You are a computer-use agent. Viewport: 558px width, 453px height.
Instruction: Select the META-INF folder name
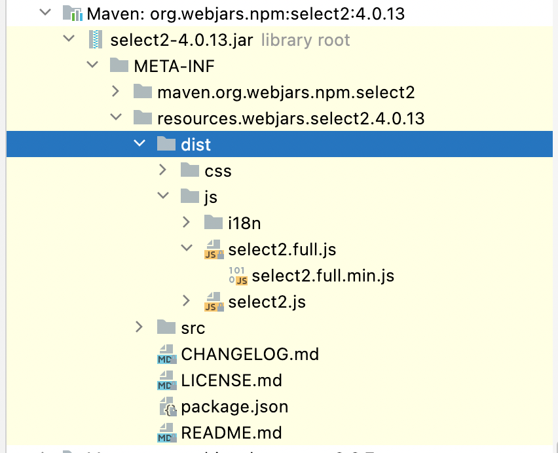pyautogui.click(x=174, y=66)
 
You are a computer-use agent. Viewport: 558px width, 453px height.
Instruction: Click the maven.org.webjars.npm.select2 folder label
pyautogui.click(x=286, y=92)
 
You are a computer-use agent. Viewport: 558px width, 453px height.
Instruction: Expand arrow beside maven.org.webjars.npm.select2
pyautogui.click(x=115, y=92)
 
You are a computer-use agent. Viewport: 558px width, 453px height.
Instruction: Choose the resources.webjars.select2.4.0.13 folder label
pyautogui.click(x=291, y=118)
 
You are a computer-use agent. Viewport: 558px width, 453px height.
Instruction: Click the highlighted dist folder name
pyautogui.click(x=196, y=145)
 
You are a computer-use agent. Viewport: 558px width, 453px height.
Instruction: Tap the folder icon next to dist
pyautogui.click(x=167, y=144)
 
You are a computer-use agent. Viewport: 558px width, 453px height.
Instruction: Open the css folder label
pyautogui.click(x=218, y=171)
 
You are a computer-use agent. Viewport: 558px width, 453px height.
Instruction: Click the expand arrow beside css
pyautogui.click(x=162, y=170)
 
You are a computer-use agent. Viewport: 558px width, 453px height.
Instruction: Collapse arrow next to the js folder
pyautogui.click(x=162, y=196)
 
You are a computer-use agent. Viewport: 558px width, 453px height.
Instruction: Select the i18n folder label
pyautogui.click(x=244, y=223)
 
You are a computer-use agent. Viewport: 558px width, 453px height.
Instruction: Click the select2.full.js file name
pyautogui.click(x=282, y=249)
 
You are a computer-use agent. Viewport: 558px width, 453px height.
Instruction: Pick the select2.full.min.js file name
pyautogui.click(x=323, y=276)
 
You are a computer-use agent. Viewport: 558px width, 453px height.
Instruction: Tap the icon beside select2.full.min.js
pyautogui.click(x=238, y=276)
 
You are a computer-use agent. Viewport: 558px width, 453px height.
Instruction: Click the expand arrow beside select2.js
pyautogui.click(x=187, y=301)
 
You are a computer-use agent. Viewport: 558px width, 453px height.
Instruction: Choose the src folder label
pyautogui.click(x=193, y=328)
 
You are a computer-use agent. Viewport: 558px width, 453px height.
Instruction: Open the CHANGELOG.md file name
pyautogui.click(x=250, y=354)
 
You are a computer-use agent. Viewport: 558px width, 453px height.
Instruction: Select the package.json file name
pyautogui.click(x=234, y=407)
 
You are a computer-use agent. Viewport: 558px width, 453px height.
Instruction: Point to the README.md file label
pyautogui.click(x=231, y=433)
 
